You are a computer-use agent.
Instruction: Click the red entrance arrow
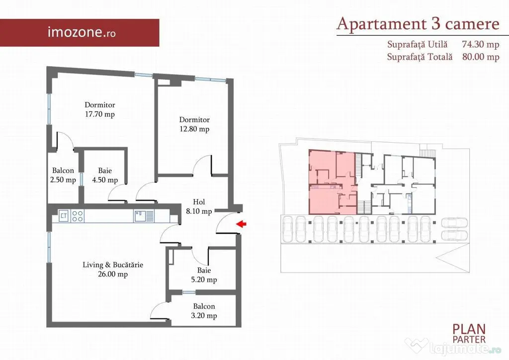[x=241, y=224]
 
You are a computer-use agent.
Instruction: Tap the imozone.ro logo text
[x=82, y=32]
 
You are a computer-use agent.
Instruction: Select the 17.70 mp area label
[x=99, y=114]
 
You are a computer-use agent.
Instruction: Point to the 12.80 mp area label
[x=194, y=129]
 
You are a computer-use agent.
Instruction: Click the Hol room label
[x=199, y=201]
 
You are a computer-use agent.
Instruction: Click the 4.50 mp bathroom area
[x=105, y=180]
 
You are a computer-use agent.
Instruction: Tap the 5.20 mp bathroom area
[x=204, y=279]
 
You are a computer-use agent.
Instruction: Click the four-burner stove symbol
[x=77, y=216]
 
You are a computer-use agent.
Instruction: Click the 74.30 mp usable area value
[x=481, y=44]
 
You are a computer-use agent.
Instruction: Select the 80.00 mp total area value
[x=481, y=57]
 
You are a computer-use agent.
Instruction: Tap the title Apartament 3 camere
[x=418, y=24]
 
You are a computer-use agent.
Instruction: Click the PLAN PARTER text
[x=469, y=334]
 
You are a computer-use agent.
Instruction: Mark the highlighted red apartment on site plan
[x=333, y=182]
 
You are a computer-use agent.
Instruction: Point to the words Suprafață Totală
[x=420, y=57]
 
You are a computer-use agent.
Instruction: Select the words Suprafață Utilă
[x=417, y=44]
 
